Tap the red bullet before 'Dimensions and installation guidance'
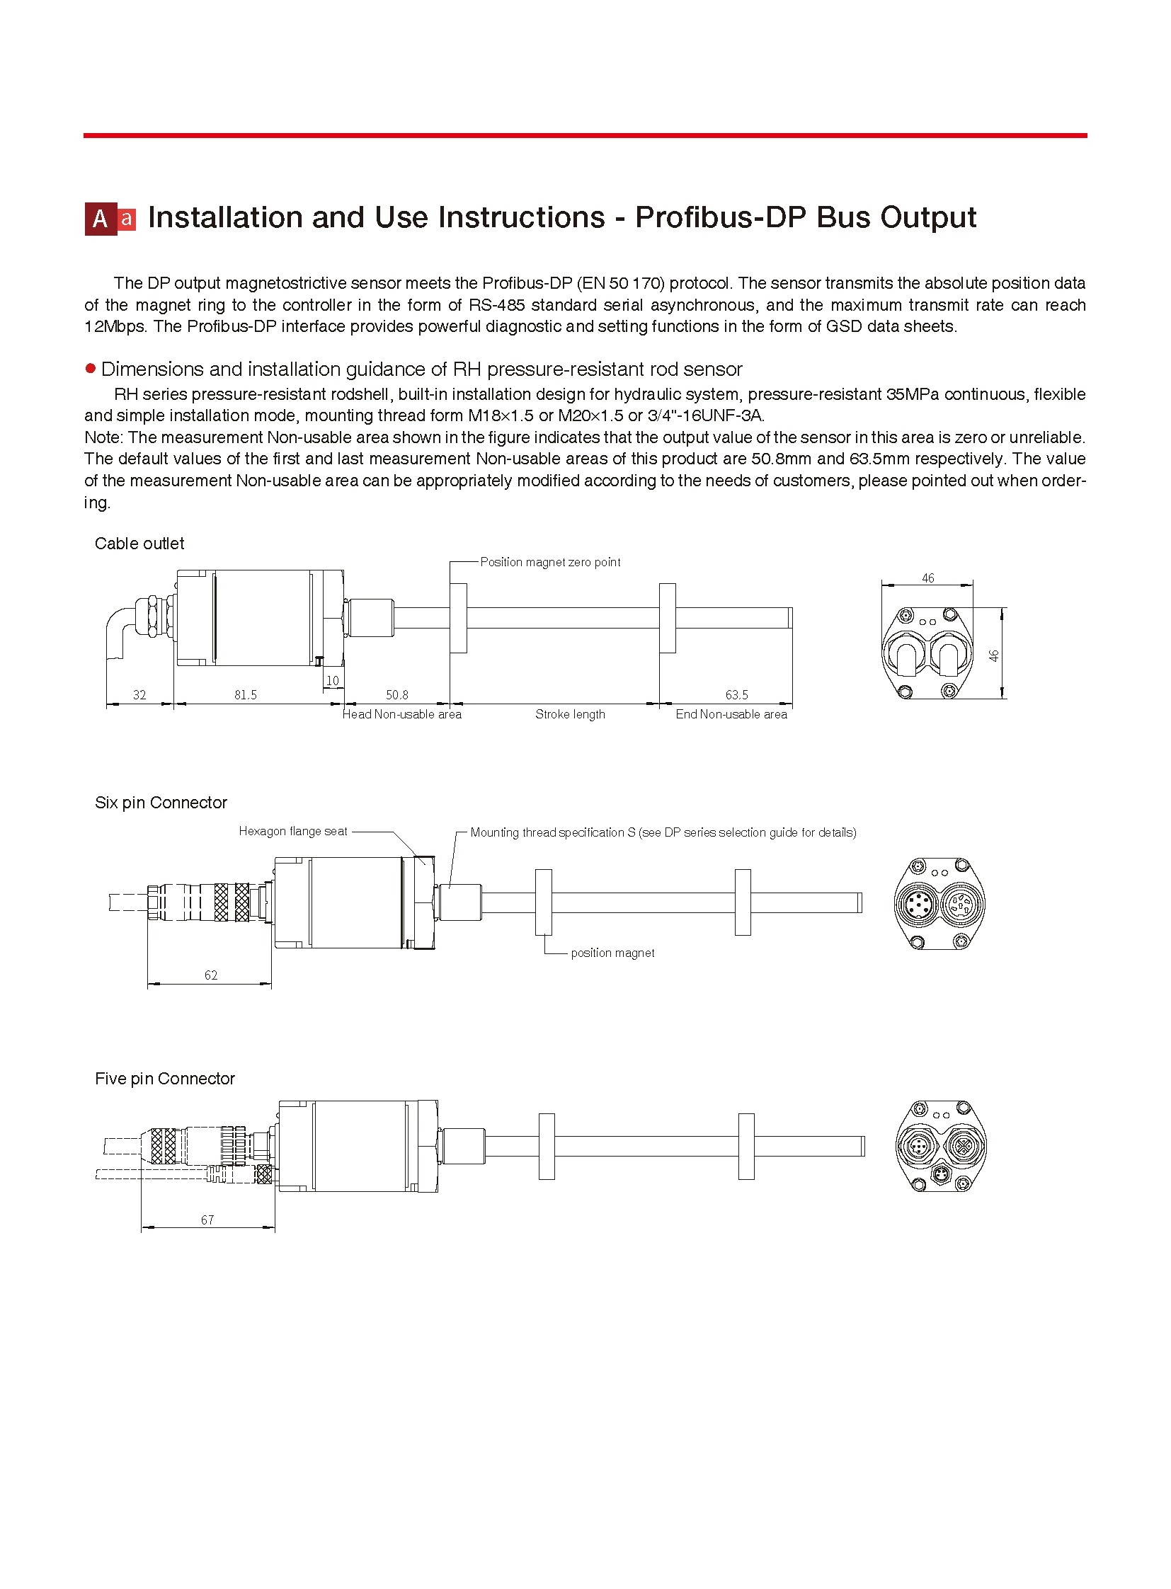90,369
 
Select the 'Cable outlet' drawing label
139,544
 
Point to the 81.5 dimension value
245,695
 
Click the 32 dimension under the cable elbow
139,695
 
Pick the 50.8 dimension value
397,695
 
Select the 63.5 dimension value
736,695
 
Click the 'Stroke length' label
570,714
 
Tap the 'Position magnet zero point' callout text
550,562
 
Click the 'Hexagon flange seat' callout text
293,832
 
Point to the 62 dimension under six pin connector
210,975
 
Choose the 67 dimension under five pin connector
207,1220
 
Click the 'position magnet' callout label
612,953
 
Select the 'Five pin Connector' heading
164,1079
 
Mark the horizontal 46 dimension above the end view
928,578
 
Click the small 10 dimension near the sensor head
333,681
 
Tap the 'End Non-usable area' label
731,714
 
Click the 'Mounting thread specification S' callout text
663,833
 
